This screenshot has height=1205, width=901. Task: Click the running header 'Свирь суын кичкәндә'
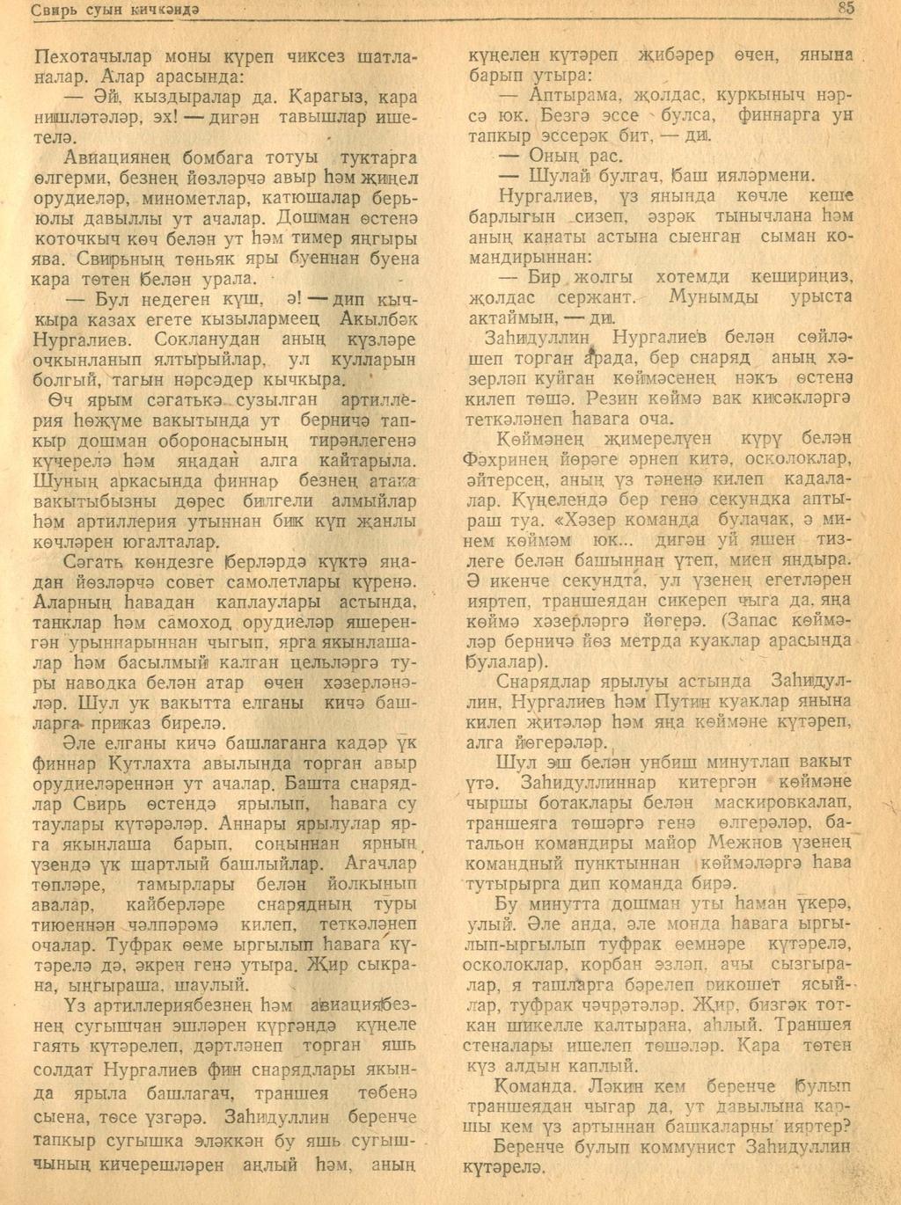pos(115,10)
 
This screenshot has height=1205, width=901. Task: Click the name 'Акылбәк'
pos(375,318)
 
